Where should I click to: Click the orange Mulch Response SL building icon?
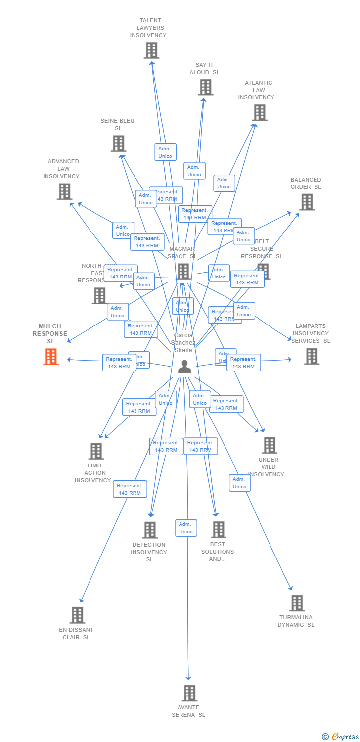tap(51, 357)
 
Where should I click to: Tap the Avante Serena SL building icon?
tap(189, 693)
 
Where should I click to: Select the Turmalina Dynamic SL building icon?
tap(297, 603)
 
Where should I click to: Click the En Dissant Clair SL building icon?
tap(77, 615)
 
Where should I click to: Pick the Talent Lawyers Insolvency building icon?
tap(151, 50)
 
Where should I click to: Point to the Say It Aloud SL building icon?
tap(205, 88)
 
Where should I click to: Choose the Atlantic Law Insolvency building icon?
tap(259, 113)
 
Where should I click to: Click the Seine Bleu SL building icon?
tap(118, 143)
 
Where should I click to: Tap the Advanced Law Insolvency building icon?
tap(64, 191)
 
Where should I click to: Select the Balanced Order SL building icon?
tap(307, 202)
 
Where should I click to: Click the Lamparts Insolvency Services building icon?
tap(312, 356)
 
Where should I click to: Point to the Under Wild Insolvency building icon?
tap(269, 445)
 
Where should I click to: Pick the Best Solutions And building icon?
tap(218, 530)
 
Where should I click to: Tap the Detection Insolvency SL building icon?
tap(150, 530)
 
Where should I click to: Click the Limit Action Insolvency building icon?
tap(96, 451)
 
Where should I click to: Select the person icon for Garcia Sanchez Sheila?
tap(184, 367)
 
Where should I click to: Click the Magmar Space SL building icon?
tap(183, 272)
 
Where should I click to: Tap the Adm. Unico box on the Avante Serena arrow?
tap(186, 528)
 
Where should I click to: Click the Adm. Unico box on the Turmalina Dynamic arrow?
tap(240, 483)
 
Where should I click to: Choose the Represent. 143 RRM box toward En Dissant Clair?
tap(130, 489)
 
